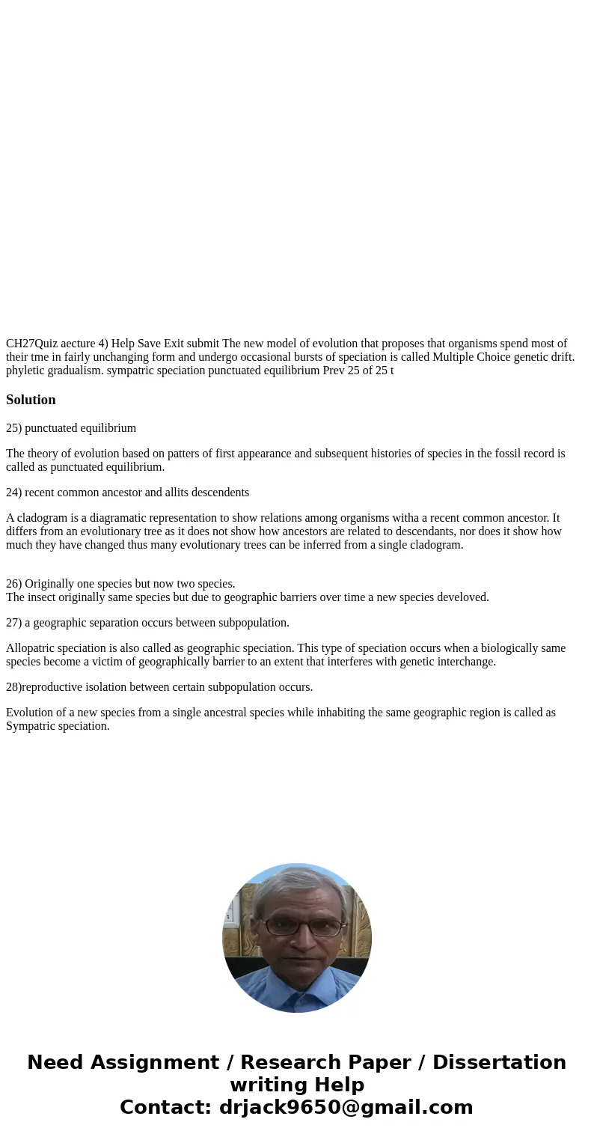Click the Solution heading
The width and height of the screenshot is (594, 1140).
coord(31,400)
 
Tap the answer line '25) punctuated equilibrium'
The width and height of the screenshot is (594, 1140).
coord(71,428)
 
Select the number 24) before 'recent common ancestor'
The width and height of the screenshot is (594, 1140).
coord(14,493)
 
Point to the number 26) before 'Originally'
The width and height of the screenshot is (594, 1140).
coord(14,584)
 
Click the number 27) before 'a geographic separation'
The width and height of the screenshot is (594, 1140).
coord(14,623)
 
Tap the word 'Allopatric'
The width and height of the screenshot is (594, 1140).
coord(31,648)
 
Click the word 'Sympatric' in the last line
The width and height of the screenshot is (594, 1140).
coord(31,726)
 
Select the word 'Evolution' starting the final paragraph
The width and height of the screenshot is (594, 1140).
coord(30,713)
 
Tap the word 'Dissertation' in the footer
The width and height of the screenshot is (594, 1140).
coord(499,1062)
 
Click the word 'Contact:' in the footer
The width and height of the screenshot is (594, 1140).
coord(166,1107)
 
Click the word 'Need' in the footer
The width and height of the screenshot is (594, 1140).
coord(57,1062)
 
